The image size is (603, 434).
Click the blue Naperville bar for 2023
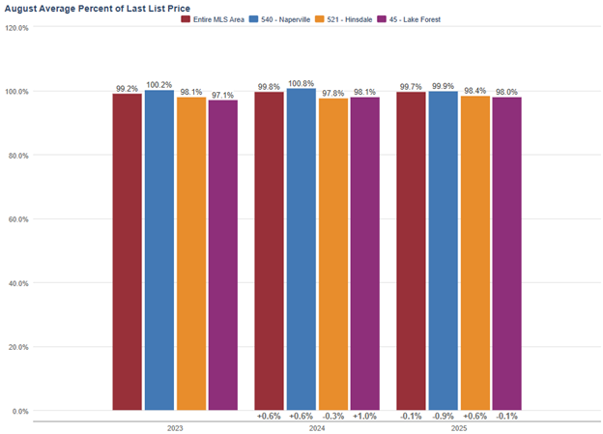[x=159, y=251]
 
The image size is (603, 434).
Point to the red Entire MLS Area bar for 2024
[x=269, y=251]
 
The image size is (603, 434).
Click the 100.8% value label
[x=301, y=83]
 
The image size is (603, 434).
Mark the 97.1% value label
[x=222, y=95]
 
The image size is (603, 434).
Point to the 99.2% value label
[x=127, y=88]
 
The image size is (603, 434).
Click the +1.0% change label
[x=364, y=417]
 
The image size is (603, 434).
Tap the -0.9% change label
[x=443, y=417]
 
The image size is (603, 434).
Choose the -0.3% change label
[x=332, y=417]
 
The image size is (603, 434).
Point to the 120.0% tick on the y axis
[x=16, y=28]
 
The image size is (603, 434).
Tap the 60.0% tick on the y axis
[x=16, y=219]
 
